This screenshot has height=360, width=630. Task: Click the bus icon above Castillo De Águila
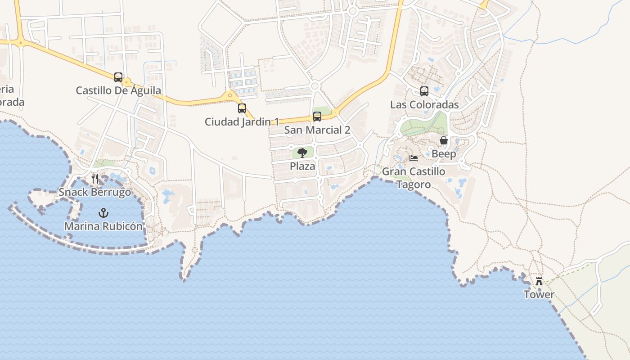118,77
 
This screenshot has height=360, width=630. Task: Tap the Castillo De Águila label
118,90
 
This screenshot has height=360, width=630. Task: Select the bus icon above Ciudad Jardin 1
242,108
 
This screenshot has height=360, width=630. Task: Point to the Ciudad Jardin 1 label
242,121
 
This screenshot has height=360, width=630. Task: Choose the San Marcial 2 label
317,130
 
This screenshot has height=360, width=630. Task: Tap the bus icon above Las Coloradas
424,91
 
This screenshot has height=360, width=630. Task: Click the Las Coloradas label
424,104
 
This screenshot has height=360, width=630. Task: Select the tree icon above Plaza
302,153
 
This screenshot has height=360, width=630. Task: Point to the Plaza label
302,166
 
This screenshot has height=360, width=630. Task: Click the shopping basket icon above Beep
444,141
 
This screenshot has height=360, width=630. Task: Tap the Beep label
444,154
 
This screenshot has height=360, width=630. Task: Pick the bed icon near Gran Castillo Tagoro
414,158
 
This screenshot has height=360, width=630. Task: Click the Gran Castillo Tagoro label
414,178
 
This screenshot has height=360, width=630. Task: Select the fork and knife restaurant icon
95,179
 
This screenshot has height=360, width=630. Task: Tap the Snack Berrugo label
95,192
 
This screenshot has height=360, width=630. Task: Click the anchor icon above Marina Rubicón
103,213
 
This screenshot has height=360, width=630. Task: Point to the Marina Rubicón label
103,226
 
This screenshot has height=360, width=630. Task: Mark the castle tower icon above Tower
539,281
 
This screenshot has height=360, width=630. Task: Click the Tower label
539,294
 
